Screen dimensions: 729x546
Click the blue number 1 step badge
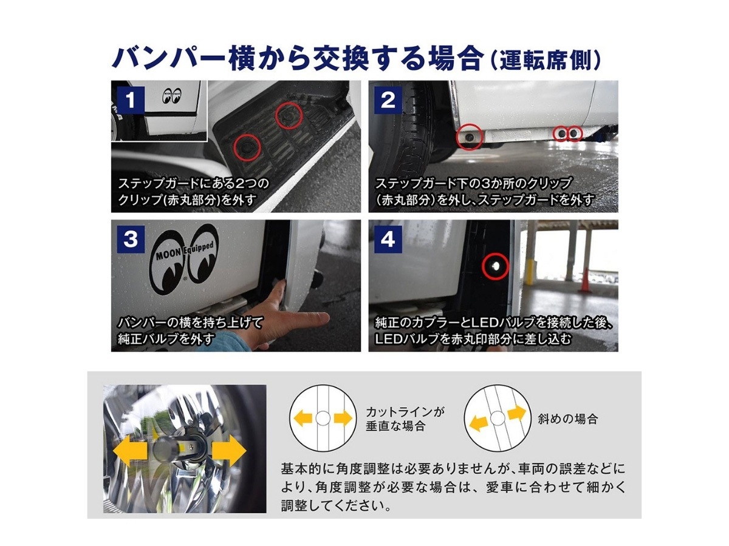pos(130,99)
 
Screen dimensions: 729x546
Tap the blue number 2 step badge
pos(388,99)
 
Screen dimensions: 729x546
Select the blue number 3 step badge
pos(130,239)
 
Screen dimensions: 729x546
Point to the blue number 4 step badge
pos(388,239)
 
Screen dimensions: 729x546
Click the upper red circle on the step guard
pos(289,115)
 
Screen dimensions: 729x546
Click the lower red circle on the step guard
pos(247,147)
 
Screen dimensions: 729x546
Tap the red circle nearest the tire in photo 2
pos(469,136)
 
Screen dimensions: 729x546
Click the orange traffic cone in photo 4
pos(585,280)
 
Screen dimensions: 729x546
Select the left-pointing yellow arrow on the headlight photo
pos(130,451)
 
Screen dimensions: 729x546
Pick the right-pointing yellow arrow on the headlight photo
pos(229,451)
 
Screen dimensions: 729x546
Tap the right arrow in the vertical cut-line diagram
pos(343,418)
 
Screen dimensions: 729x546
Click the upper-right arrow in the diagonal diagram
pos(517,413)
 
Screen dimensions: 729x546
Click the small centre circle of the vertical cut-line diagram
pos(322,418)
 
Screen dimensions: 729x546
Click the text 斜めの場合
pos(567,419)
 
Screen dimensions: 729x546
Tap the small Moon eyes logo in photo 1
pos(172,96)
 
